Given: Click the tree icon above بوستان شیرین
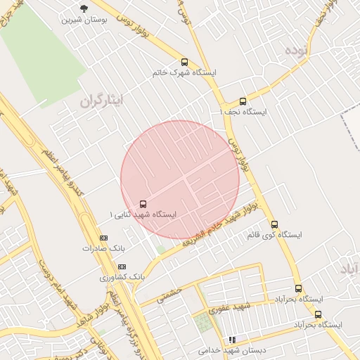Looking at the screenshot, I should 85,8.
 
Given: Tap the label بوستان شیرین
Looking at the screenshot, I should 85,20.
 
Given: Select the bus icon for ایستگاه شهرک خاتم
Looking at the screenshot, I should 184,62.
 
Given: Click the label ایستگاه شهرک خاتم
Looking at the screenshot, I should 184,72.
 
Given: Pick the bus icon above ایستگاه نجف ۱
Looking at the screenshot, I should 243,101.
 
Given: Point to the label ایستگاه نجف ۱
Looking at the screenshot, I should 243,112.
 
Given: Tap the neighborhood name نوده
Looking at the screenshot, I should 297,50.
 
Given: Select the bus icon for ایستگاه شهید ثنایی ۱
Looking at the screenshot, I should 144,203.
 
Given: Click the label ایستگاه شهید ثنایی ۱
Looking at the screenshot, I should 144,214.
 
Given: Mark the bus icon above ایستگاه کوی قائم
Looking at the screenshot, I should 275,224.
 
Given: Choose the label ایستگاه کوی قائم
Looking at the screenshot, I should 275,235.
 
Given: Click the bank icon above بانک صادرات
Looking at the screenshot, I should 104,238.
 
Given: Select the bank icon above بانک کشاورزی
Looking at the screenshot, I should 122,267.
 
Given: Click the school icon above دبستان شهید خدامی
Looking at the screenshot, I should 232,340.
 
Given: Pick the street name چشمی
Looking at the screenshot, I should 169,293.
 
